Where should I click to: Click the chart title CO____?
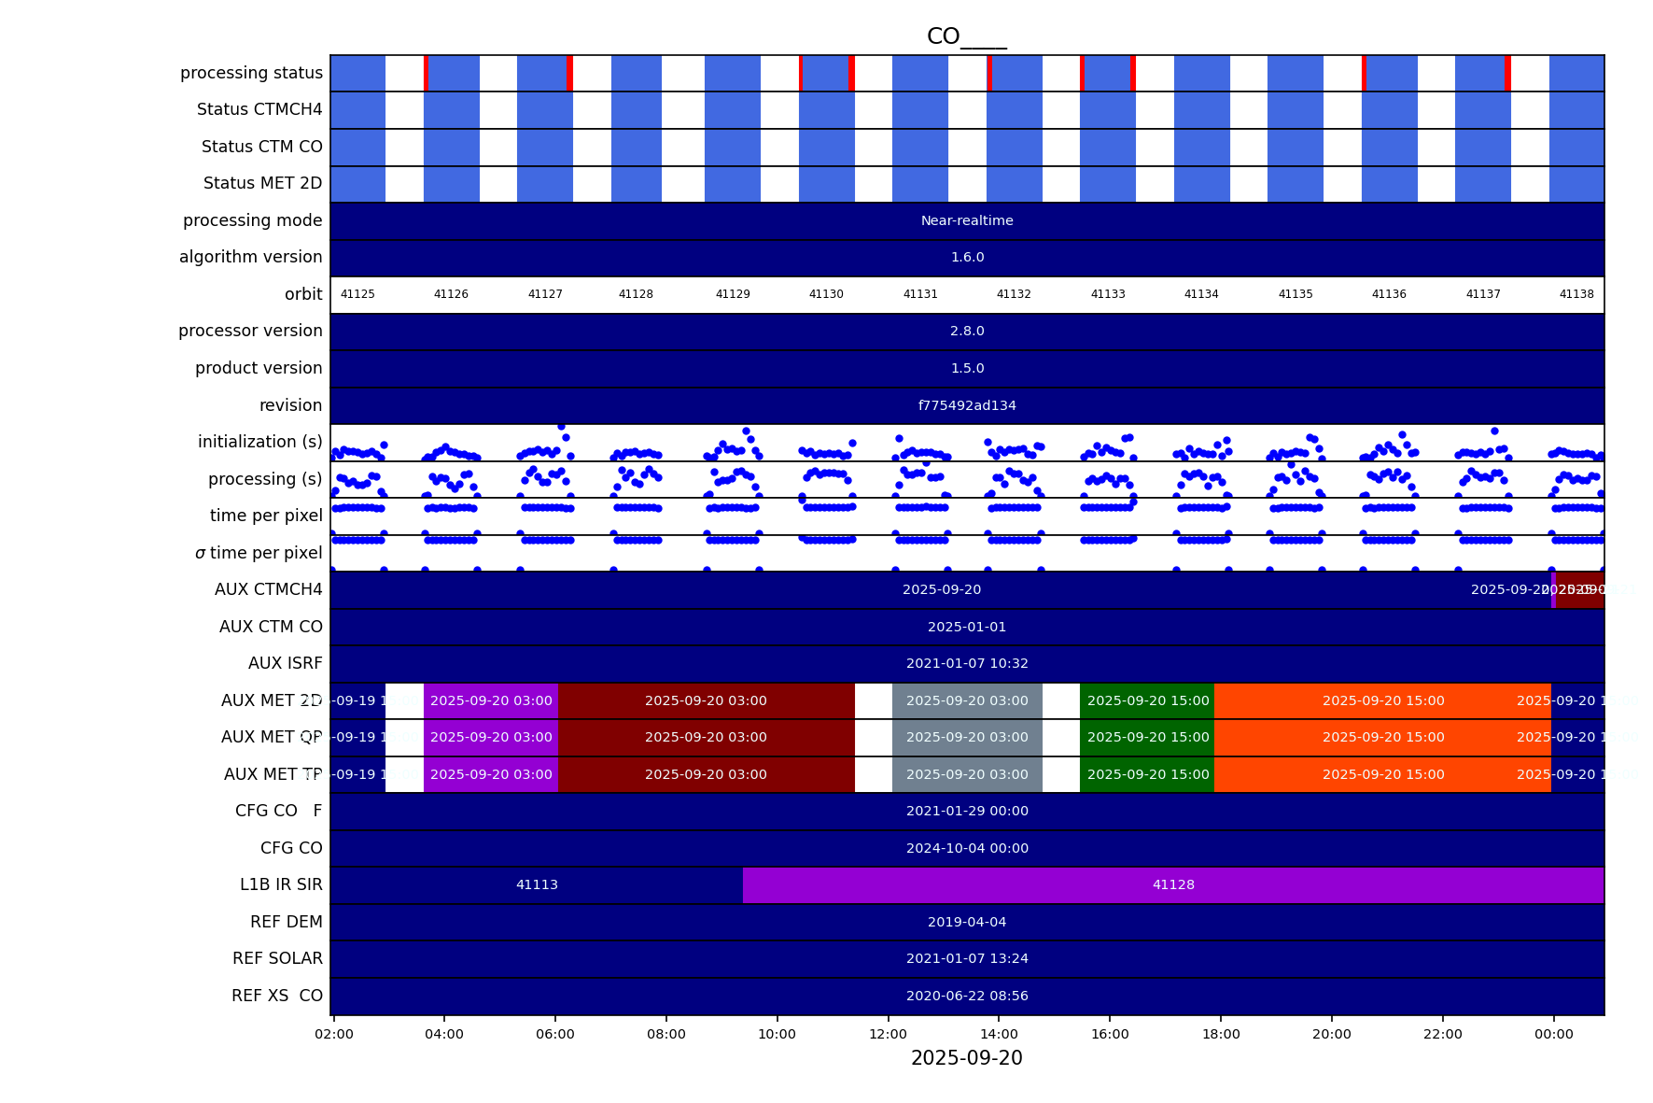click(x=966, y=36)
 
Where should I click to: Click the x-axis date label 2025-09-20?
click(x=966, y=1058)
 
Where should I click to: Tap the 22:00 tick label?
click(x=1442, y=1034)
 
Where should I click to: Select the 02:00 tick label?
click(x=334, y=1034)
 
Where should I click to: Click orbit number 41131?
click(x=920, y=294)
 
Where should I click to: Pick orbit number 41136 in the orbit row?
click(x=1389, y=294)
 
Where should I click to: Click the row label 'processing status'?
click(x=251, y=73)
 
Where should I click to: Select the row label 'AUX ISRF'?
click(x=285, y=663)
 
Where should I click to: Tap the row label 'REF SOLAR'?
click(x=277, y=958)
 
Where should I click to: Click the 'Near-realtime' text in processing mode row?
click(x=967, y=220)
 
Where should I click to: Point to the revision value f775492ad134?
click(x=967, y=405)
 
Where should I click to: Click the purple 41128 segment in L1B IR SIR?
click(x=1173, y=884)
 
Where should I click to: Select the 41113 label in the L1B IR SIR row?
click(x=537, y=884)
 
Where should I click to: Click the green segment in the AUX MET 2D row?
click(x=1147, y=700)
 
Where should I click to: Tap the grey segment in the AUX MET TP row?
click(x=967, y=774)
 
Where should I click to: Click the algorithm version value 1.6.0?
click(x=967, y=257)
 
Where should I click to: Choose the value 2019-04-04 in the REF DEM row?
click(x=967, y=922)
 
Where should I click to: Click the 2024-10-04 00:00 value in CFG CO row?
click(x=967, y=848)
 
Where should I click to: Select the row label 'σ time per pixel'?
click(x=259, y=553)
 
